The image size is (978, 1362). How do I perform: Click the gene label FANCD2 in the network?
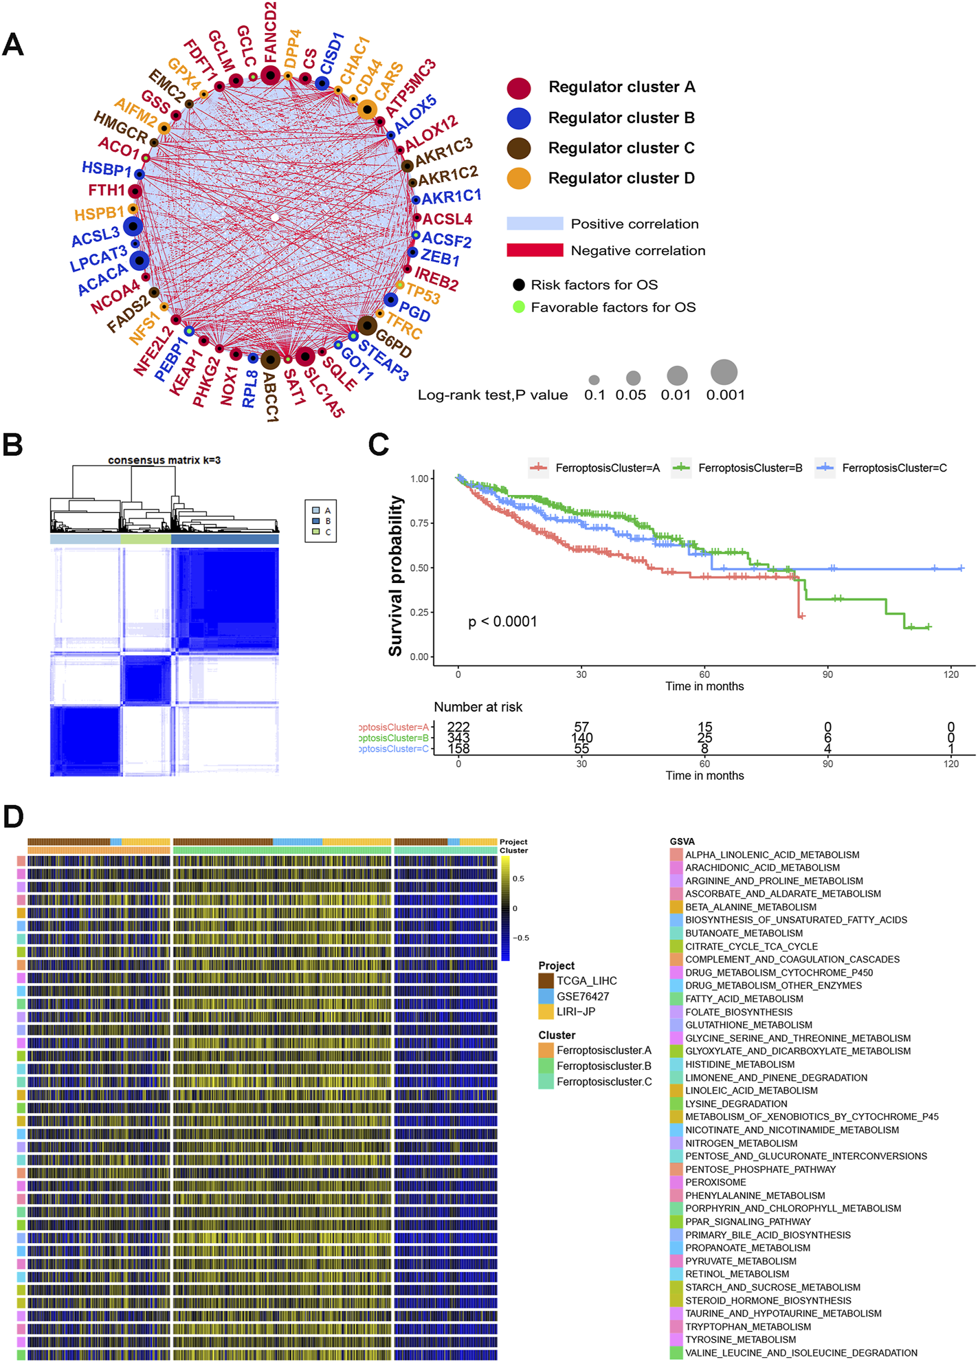(270, 31)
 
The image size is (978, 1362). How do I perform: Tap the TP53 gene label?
(423, 294)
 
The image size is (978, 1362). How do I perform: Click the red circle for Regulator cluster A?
(519, 88)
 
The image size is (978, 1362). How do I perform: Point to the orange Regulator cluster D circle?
(519, 179)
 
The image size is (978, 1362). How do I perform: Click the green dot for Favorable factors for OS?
(519, 307)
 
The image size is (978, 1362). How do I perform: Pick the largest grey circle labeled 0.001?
(724, 372)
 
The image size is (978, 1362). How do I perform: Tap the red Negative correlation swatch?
(535, 250)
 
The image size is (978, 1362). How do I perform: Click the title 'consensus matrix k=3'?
(164, 460)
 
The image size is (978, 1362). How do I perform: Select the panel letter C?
(379, 445)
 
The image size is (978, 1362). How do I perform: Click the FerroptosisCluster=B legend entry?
(750, 468)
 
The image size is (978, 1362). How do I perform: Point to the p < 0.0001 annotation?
(502, 622)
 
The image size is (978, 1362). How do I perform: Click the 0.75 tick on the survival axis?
(419, 523)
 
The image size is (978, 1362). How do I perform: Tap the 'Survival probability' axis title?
(396, 575)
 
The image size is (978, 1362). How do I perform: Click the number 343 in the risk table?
(458, 738)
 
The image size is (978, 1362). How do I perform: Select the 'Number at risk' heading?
(478, 707)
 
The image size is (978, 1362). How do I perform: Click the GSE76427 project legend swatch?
(546, 996)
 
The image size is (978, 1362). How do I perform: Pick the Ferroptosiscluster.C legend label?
(604, 1081)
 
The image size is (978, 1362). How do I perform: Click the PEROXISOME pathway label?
(715, 1182)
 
